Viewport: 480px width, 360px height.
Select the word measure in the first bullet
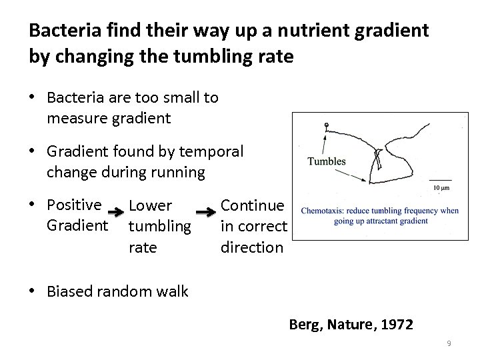(75, 119)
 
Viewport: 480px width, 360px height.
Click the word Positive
(74, 205)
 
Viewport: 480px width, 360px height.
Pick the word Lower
(151, 206)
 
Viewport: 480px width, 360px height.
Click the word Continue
(253, 205)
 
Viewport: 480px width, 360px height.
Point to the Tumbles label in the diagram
(327, 161)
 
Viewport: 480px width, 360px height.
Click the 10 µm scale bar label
(441, 188)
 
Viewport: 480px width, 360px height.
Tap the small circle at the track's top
(326, 125)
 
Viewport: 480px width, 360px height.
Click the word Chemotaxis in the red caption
(325, 211)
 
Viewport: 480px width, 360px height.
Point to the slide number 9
(449, 343)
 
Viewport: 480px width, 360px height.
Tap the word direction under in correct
(252, 247)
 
